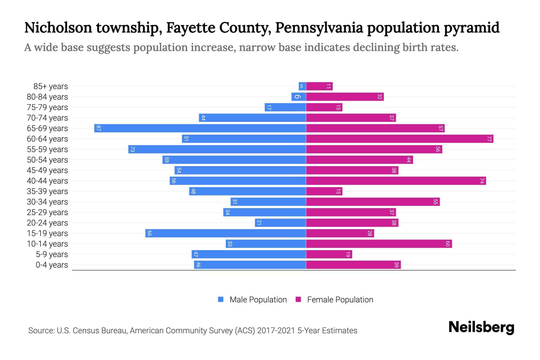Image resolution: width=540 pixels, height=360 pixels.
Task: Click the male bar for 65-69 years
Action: point(200,128)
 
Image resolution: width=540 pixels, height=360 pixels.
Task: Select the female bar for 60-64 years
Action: point(400,139)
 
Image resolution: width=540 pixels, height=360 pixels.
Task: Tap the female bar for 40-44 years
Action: point(396,181)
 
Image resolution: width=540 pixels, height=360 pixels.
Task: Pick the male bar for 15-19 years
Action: point(226,233)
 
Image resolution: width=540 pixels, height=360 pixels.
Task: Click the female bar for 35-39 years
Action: point(324,191)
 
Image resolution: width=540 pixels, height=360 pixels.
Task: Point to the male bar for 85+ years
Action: point(302,86)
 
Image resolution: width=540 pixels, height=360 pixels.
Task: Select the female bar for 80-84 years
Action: point(345,97)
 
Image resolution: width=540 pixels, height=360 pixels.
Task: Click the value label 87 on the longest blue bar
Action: point(98,128)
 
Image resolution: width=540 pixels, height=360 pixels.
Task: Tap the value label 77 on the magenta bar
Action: point(489,139)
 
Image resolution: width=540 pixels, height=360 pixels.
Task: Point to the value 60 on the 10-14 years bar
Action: point(448,244)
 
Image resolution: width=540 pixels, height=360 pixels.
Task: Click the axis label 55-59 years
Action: point(47,149)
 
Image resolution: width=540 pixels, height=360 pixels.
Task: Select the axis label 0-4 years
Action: point(52,265)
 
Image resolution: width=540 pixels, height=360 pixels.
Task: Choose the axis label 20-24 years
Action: point(47,223)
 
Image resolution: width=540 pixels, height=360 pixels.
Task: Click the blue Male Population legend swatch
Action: point(221,299)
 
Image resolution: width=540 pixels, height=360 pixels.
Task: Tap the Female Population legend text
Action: point(340,300)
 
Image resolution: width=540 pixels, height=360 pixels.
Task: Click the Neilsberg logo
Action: point(481,327)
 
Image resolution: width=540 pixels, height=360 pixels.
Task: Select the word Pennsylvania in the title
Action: point(319,28)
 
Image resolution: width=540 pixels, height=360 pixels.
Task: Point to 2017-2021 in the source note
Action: point(276,331)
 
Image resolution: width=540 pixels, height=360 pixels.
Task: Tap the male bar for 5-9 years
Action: point(249,254)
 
